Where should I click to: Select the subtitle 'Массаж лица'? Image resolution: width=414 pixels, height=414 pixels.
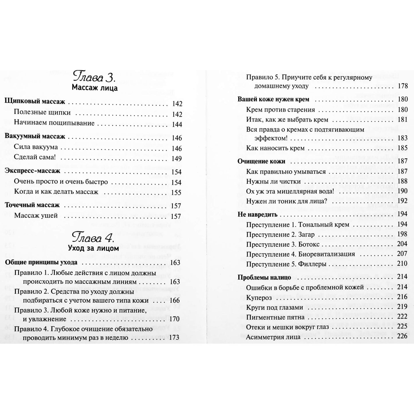tap(95, 88)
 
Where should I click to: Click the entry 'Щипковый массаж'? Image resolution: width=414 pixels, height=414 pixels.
tap(35, 102)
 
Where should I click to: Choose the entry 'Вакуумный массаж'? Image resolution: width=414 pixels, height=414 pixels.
tap(35, 136)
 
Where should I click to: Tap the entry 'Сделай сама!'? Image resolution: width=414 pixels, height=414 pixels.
tap(34, 158)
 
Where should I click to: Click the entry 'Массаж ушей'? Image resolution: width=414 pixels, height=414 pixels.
tap(36, 216)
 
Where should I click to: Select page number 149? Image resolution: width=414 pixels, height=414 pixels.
tap(176, 158)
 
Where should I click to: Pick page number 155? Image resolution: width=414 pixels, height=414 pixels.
tap(176, 193)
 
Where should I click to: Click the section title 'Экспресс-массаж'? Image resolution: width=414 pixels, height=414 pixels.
tap(33, 171)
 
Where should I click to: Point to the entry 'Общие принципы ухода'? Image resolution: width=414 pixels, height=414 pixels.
tap(41, 262)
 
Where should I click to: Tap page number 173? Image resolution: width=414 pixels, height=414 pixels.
tap(174, 338)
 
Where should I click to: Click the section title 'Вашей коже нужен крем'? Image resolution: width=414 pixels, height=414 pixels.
tap(273, 99)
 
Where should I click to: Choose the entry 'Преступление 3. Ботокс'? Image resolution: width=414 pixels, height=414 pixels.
tap(283, 244)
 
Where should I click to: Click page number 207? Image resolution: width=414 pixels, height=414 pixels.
tap(402, 254)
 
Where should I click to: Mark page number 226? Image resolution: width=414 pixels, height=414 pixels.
tap(402, 336)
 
